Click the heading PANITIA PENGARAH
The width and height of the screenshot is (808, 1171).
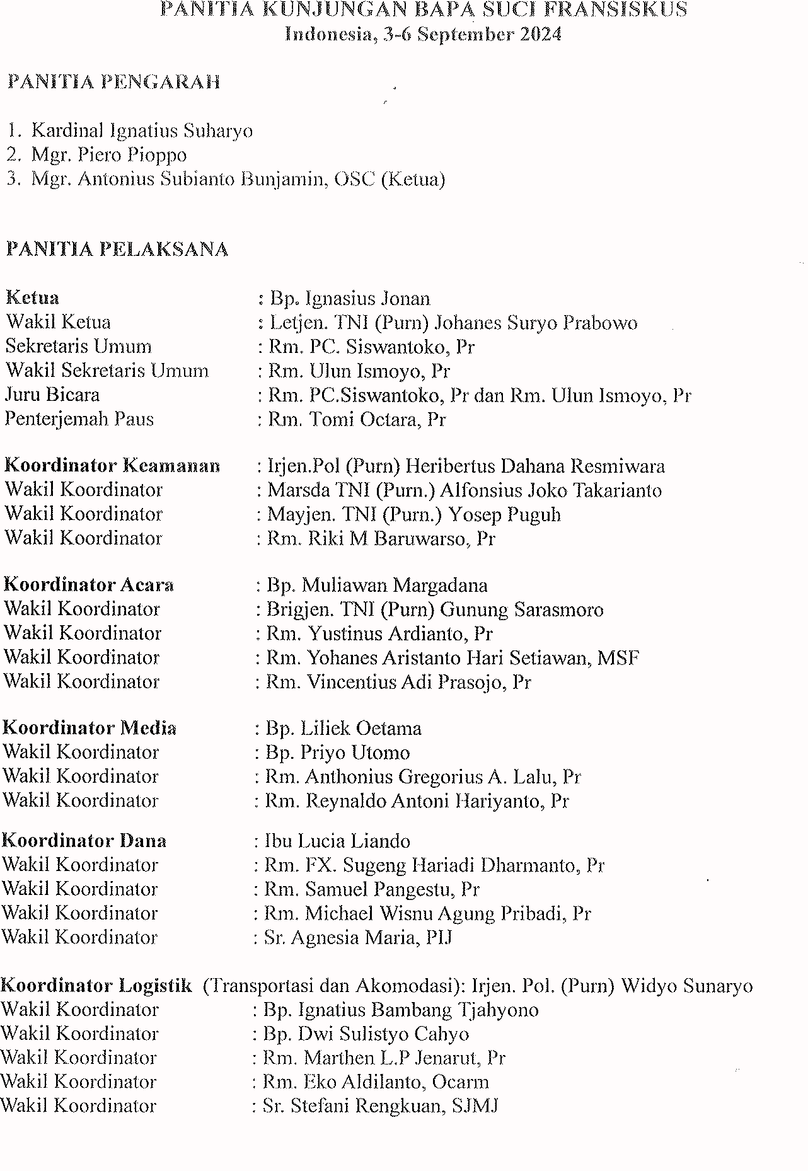click(114, 83)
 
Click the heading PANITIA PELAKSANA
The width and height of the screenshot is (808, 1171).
click(117, 250)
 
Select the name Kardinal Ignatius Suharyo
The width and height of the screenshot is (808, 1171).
click(142, 131)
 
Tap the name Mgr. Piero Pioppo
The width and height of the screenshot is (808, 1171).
click(109, 155)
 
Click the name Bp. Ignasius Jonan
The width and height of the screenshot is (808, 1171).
click(350, 299)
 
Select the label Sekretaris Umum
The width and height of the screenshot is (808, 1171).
click(79, 347)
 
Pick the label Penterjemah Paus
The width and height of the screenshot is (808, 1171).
click(79, 419)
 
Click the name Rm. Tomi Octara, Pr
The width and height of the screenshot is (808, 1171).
click(357, 420)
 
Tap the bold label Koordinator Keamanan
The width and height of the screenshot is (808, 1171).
click(112, 466)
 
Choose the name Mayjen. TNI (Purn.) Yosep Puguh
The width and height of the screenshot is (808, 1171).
click(414, 515)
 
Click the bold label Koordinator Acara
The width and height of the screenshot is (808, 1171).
click(89, 585)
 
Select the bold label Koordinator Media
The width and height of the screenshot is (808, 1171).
click(89, 728)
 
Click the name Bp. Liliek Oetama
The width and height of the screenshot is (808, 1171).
click(343, 729)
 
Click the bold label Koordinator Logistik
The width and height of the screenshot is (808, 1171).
click(96, 986)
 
